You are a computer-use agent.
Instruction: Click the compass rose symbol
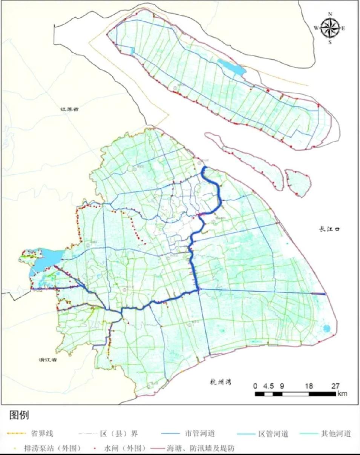coord(330,28)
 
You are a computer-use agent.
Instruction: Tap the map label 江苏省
coord(71,109)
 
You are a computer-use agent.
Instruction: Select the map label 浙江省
coord(47,360)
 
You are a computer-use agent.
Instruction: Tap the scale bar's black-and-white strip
coord(295,394)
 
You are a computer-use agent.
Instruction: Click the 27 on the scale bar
coord(335,386)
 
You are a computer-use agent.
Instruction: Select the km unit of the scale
coord(342,394)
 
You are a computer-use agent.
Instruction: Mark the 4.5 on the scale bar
coord(269,386)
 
